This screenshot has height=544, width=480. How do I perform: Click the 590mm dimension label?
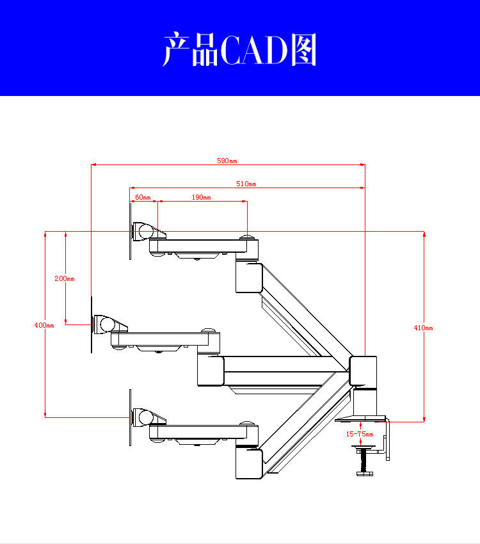pyautogui.click(x=227, y=161)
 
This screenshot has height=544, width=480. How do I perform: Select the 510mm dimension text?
pyautogui.click(x=246, y=184)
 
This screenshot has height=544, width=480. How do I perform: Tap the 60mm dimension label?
pyautogui.click(x=143, y=198)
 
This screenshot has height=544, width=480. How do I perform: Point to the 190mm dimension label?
pyautogui.click(x=201, y=198)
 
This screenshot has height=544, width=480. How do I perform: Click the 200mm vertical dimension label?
pyautogui.click(x=64, y=278)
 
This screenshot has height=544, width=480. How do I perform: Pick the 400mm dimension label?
pyautogui.click(x=44, y=325)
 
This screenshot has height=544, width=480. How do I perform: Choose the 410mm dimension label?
pyautogui.click(x=423, y=328)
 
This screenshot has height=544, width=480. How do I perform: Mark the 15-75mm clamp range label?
pyautogui.click(x=360, y=434)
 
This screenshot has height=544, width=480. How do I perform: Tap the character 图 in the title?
pyautogui.click(x=303, y=51)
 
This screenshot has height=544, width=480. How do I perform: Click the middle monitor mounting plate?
pyautogui.click(x=92, y=325)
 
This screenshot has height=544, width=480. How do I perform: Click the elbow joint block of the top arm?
pyautogui.click(x=248, y=277)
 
